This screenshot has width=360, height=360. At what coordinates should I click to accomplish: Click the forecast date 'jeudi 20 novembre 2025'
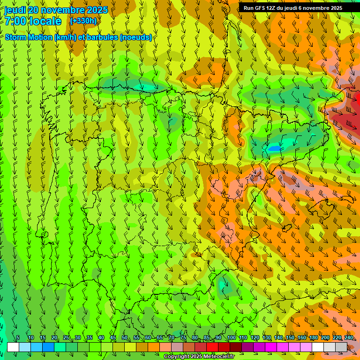click(56, 10)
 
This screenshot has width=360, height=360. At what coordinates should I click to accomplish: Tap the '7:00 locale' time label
click(33, 21)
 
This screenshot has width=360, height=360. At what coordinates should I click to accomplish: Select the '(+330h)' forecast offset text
click(83, 21)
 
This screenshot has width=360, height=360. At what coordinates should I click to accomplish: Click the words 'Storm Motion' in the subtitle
click(28, 37)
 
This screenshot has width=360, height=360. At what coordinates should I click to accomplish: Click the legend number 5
click(18, 337)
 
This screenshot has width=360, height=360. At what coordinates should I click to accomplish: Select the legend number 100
click(231, 337)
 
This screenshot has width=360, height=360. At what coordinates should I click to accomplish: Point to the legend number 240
click(349, 337)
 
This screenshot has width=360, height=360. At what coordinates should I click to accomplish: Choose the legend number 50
click(125, 337)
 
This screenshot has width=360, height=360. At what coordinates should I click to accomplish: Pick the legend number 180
click(314, 337)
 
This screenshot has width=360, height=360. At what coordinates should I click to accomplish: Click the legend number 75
click(183, 337)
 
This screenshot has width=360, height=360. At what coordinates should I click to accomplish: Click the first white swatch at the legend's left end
click(13, 347)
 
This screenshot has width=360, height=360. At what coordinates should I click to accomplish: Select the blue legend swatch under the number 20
click(48, 347)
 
